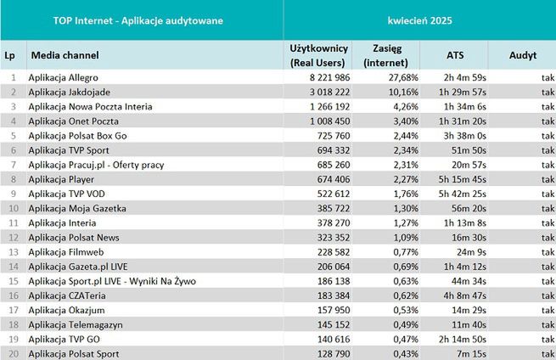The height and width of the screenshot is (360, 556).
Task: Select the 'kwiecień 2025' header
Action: pos(420,20)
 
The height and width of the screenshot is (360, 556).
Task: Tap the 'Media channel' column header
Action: pos(65,55)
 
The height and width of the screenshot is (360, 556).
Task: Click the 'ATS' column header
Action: pos(455,55)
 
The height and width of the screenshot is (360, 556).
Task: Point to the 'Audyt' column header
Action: pos(522,55)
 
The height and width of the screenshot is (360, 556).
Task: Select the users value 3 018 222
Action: pos(316,91)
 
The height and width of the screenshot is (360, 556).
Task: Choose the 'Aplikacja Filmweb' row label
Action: pos(64,252)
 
